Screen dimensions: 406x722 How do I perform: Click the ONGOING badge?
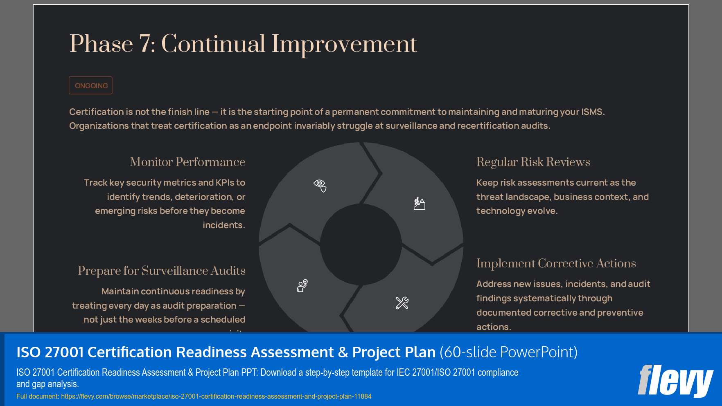pos(91,86)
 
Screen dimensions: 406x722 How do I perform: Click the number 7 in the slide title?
pos(145,44)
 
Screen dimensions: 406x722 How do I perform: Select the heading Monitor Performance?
pos(187,162)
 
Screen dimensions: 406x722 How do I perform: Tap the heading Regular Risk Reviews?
pos(533,162)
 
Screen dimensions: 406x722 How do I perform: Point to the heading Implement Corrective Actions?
pos(556,263)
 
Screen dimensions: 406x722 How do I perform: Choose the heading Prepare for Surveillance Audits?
pos(162,271)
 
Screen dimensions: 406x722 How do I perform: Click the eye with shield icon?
pos(320,185)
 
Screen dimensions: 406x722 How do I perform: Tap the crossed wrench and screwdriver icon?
pos(402,303)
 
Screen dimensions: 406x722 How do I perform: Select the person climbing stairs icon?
pos(419,203)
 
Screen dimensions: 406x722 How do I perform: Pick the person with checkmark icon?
pos(302,285)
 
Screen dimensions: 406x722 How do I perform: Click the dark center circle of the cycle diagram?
pos(361,244)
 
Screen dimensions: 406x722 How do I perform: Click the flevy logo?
pos(675,381)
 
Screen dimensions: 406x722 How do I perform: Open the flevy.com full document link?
pos(216,396)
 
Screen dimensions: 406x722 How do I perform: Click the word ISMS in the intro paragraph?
pos(593,112)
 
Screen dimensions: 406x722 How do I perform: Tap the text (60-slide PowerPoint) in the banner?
pos(508,352)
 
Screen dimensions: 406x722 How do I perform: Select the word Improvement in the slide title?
pos(344,44)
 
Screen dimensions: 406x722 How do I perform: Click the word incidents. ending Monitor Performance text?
pos(224,225)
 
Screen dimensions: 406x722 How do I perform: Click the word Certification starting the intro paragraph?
pos(96,112)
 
